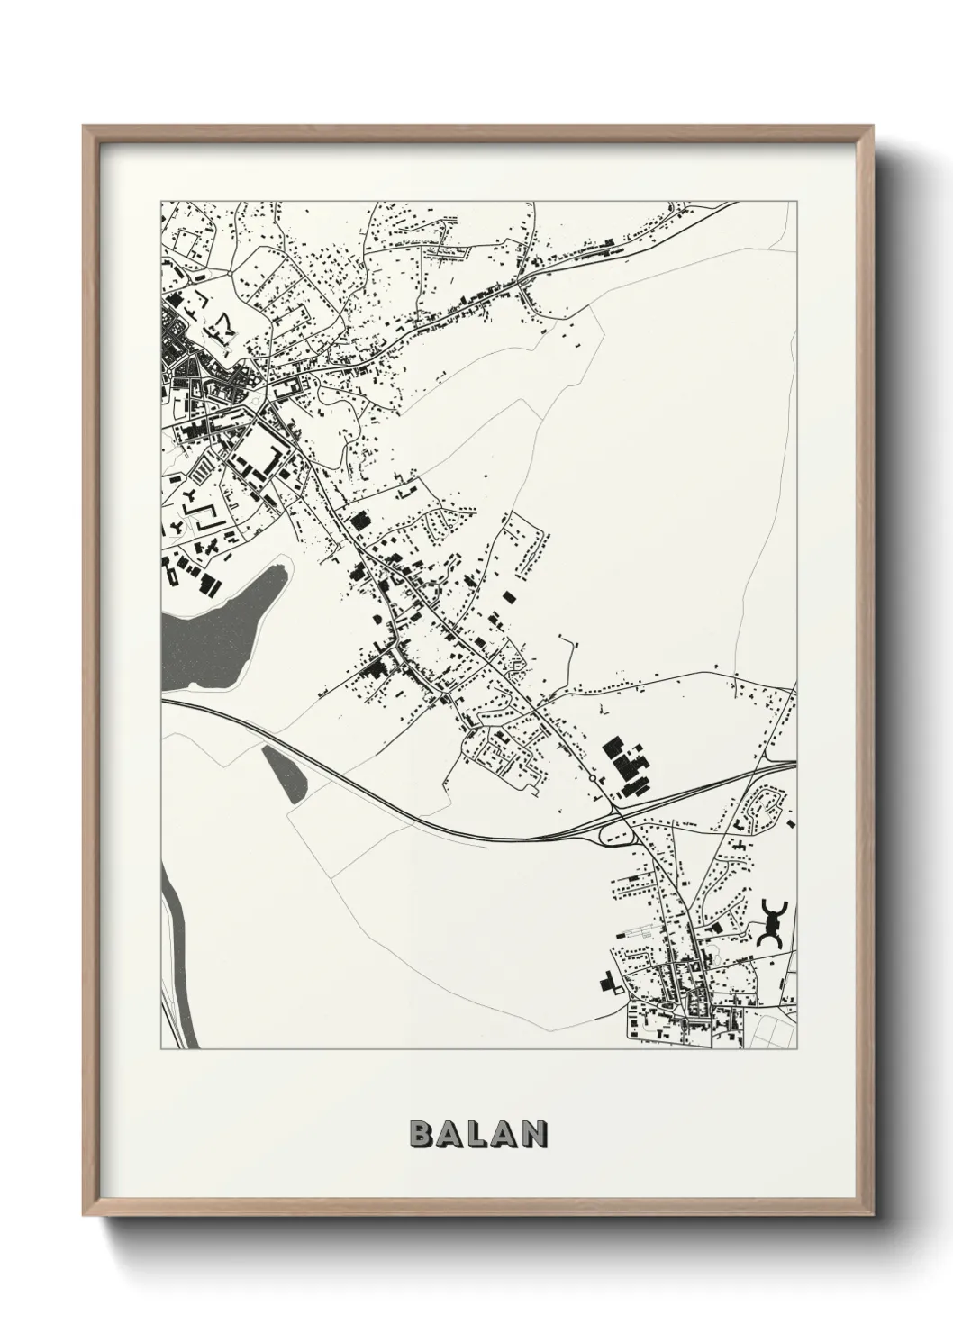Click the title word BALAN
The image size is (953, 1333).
click(x=478, y=1135)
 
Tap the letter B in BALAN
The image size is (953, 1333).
click(x=421, y=1135)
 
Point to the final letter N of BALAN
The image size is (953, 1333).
click(x=534, y=1135)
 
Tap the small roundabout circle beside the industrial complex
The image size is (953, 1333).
click(x=591, y=778)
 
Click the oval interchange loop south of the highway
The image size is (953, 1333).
click(x=614, y=838)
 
